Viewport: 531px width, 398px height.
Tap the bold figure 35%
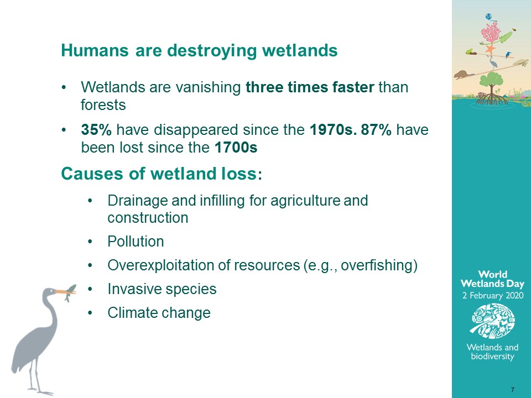pos(96,129)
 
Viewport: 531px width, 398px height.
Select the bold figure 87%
pos(376,129)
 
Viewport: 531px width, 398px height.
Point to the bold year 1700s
pos(236,148)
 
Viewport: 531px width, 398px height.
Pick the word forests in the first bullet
pos(103,105)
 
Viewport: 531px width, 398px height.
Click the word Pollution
pos(136,242)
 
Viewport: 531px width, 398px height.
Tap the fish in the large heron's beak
pos(70,292)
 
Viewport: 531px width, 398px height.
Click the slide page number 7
pos(513,390)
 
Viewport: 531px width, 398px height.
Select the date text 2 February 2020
pos(493,295)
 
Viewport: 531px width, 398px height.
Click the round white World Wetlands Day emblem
pos(493,321)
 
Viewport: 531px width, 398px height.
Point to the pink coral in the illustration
pos(491,33)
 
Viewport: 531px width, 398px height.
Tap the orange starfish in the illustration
pos(490,49)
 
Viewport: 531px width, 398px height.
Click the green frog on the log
pos(470,51)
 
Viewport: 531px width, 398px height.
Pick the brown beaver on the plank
pos(462,75)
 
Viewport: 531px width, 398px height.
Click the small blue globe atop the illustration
pos(488,17)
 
